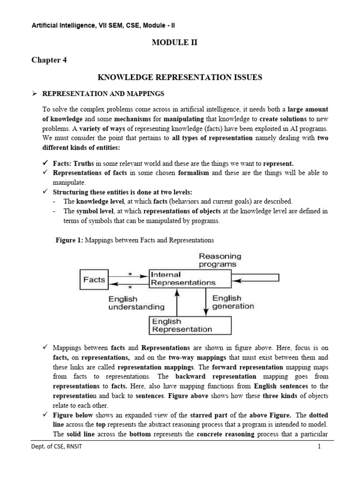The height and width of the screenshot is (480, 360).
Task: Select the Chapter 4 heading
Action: [x=49, y=60]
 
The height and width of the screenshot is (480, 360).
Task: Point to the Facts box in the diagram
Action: [x=94, y=279]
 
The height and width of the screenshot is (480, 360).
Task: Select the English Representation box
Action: [x=190, y=325]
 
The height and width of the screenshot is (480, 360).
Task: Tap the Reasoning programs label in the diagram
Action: [x=220, y=260]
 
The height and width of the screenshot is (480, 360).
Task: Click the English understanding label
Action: [x=136, y=303]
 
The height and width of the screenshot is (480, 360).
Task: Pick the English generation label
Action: [x=233, y=302]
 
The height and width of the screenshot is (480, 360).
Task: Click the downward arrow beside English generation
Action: [x=205, y=302]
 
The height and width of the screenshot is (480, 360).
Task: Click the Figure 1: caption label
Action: [x=69, y=240]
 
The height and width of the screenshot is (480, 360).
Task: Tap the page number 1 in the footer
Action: [x=319, y=447]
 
